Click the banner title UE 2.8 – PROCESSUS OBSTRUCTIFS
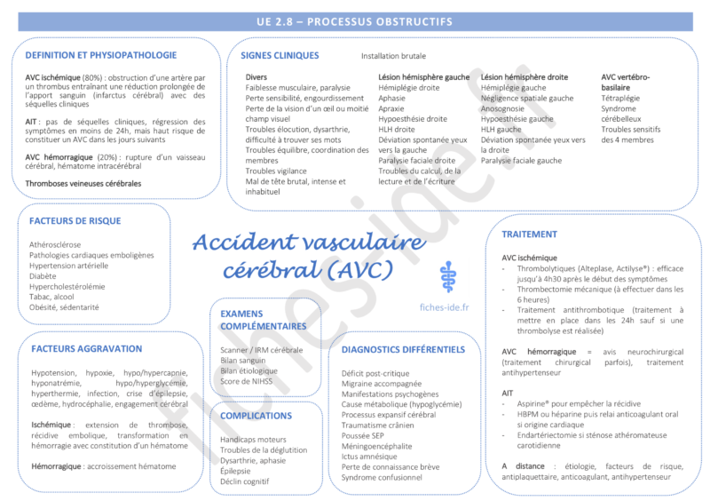click(355, 21)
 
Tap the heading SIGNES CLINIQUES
click(280, 55)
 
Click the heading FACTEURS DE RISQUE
click(75, 221)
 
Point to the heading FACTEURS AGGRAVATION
click(86, 349)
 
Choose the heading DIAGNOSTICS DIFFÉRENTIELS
click(403, 350)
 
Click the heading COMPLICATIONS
click(256, 416)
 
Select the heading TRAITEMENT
click(530, 235)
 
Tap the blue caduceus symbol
click(446, 275)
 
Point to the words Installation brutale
click(393, 56)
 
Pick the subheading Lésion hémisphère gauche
click(424, 77)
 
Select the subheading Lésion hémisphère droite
click(525, 77)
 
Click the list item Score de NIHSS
click(247, 382)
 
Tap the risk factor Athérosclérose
click(55, 244)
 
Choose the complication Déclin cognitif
click(245, 481)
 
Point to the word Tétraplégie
click(620, 99)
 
